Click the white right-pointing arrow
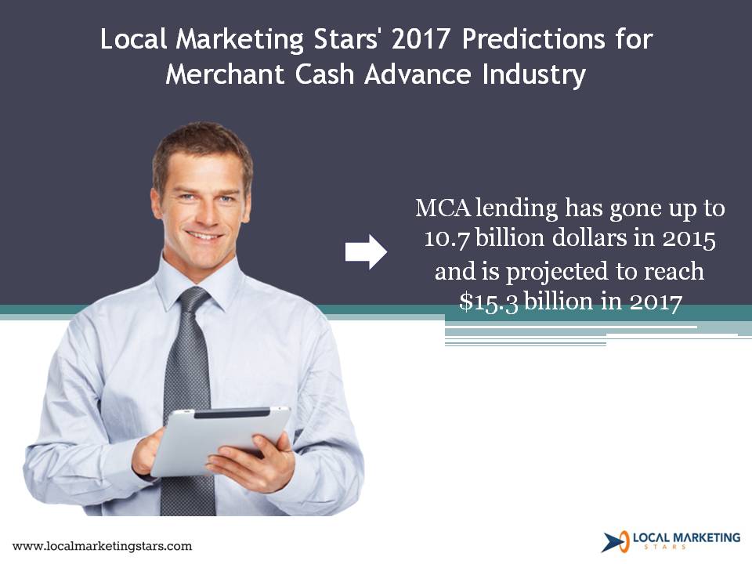tap(366, 251)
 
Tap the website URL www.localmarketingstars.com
tap(102, 546)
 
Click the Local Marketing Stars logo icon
tap(616, 541)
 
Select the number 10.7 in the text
tap(446, 239)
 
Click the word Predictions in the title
tap(533, 39)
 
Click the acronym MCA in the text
tap(443, 208)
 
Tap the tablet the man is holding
tap(221, 440)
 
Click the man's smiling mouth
tap(205, 236)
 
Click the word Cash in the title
tap(324, 75)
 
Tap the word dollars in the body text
tap(591, 238)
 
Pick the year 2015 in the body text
tap(689, 239)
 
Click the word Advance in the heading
tap(418, 75)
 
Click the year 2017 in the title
tap(420, 39)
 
